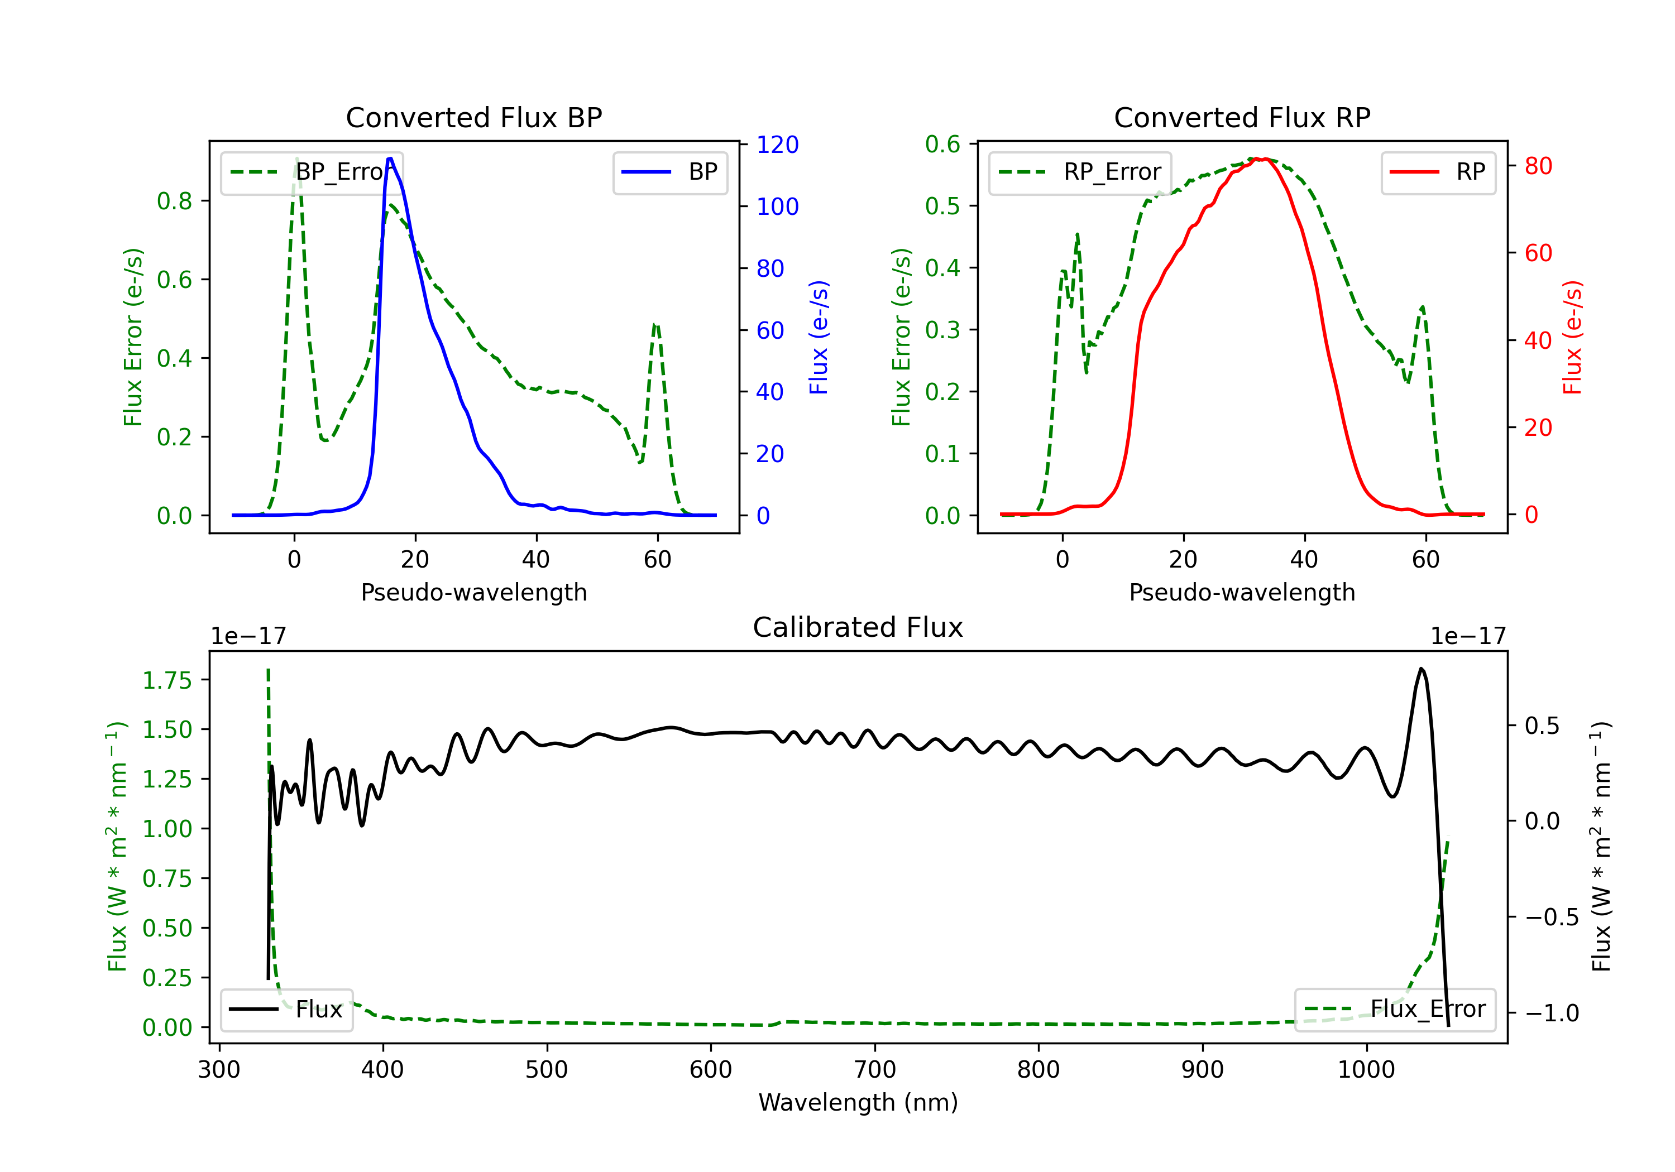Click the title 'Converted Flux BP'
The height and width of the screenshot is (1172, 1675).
click(473, 117)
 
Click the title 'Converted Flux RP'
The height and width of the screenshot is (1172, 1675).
click(1242, 117)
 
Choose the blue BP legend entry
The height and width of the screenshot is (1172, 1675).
click(669, 172)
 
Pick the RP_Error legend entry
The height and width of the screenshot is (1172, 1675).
click(1080, 172)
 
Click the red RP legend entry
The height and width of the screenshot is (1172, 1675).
click(1438, 172)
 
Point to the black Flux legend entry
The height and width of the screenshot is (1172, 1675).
click(286, 1010)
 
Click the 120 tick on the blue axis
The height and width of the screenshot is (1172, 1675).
click(777, 145)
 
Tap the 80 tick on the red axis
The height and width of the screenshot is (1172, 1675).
click(1538, 166)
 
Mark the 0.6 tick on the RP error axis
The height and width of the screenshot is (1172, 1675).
click(942, 145)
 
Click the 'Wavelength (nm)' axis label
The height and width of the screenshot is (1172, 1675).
click(858, 1102)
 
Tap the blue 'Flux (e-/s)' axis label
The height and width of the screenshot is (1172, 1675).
click(819, 337)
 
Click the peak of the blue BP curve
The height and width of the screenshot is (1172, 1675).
click(390, 158)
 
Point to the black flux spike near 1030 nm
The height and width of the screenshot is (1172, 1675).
click(1420, 669)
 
